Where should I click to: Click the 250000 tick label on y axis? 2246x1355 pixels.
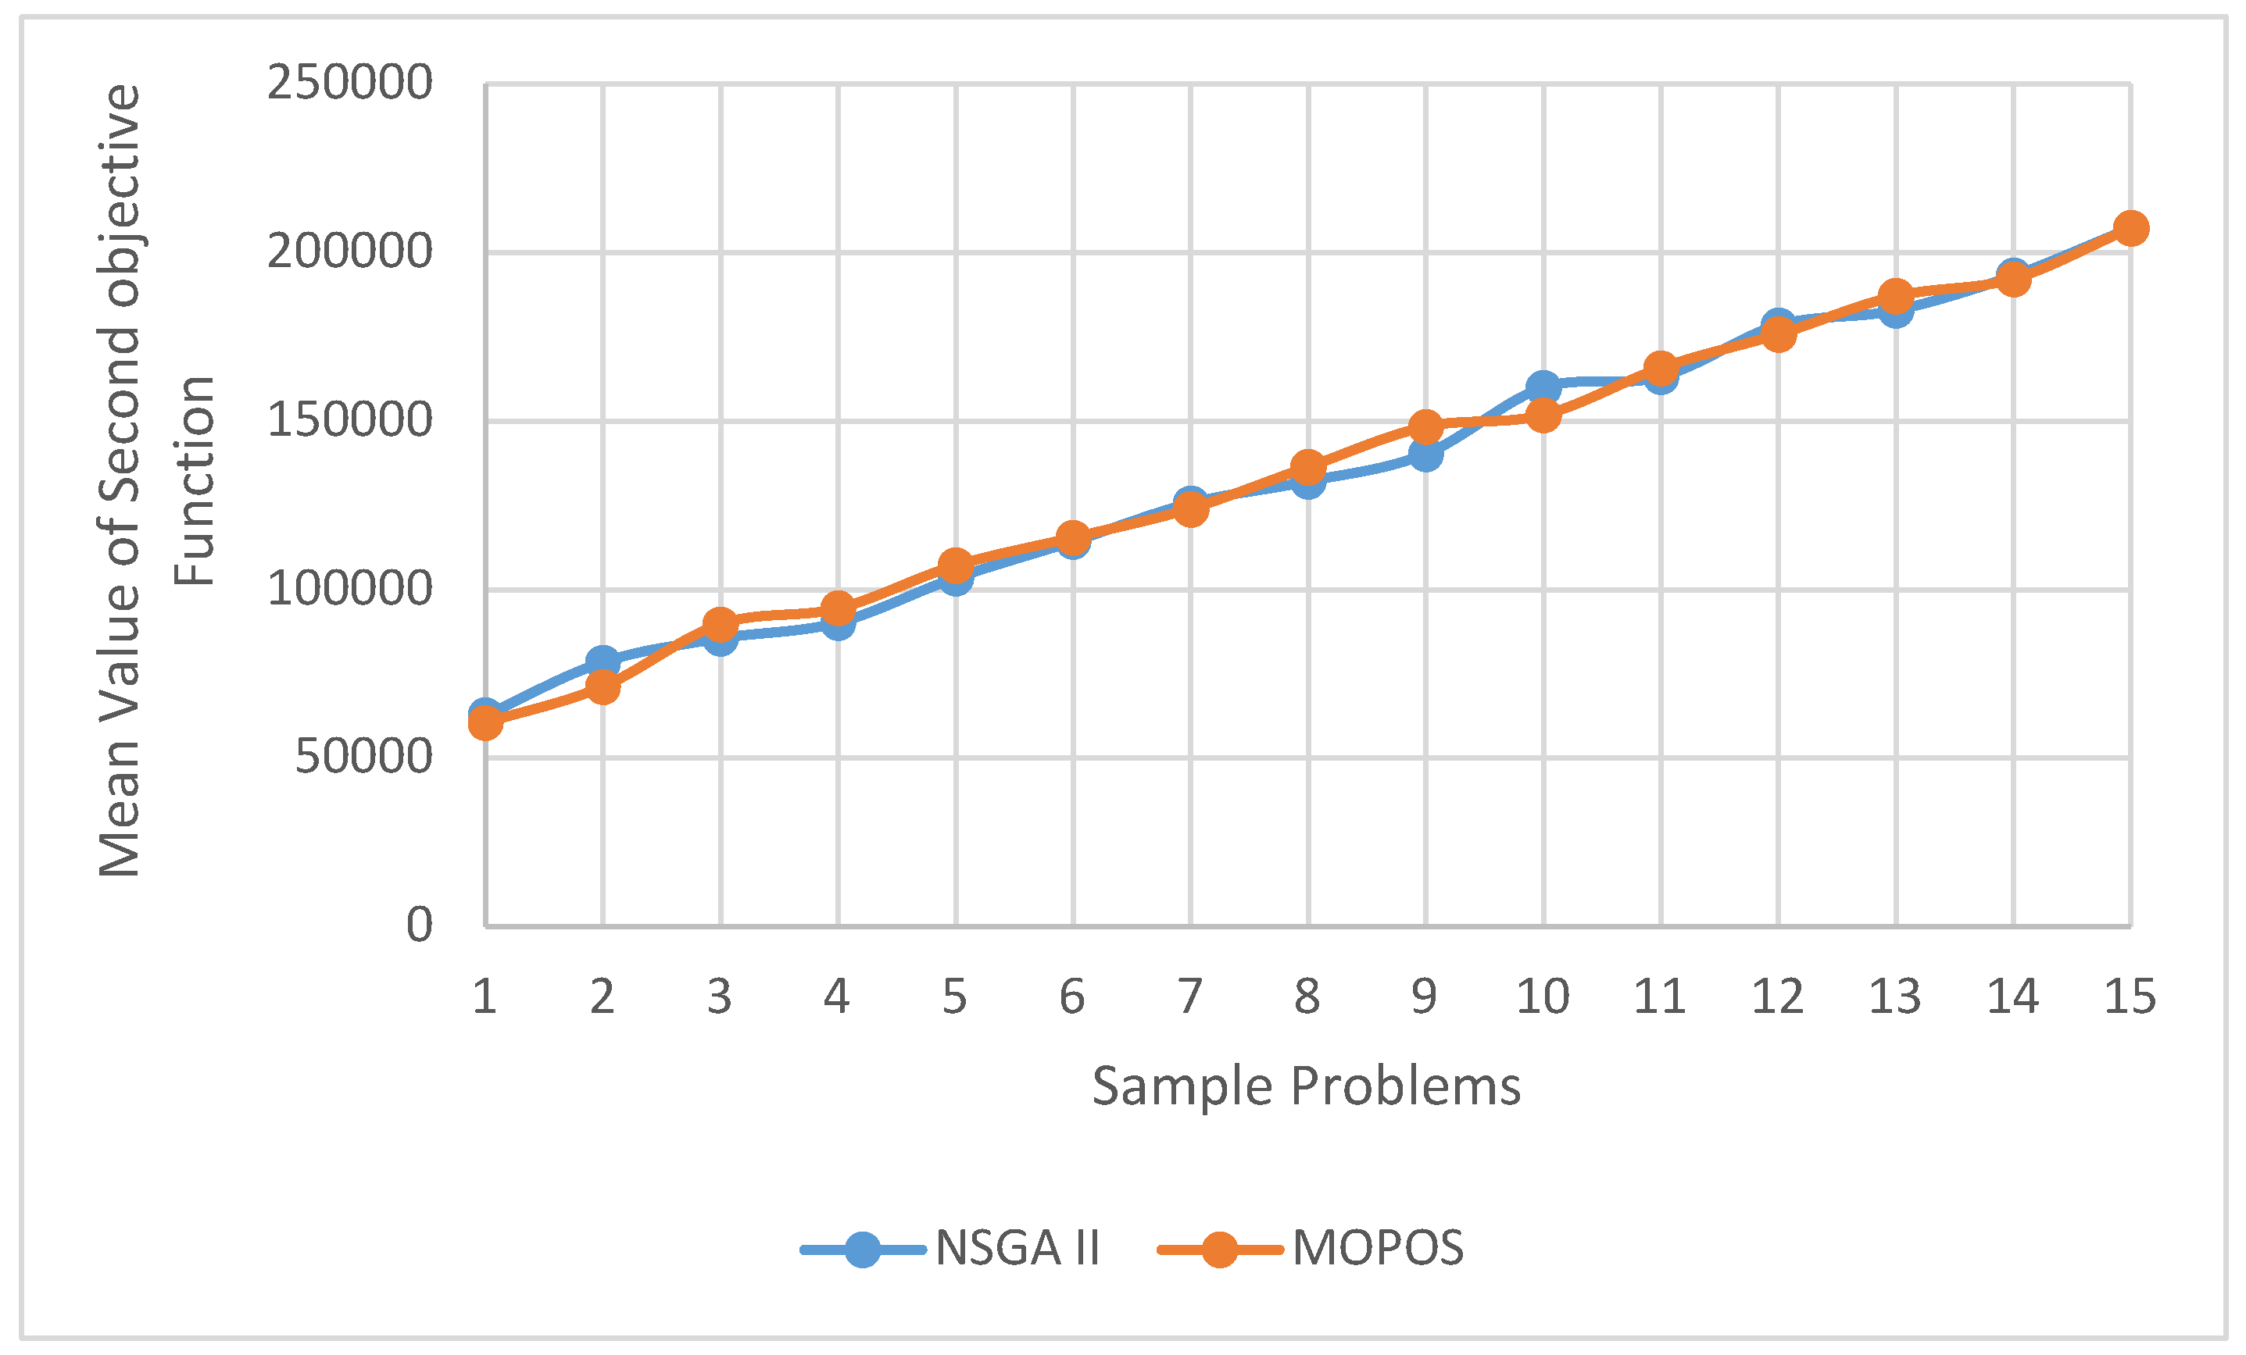click(x=349, y=83)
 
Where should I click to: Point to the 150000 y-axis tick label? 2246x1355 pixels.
click(x=349, y=420)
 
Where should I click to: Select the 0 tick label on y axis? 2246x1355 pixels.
click(x=420, y=925)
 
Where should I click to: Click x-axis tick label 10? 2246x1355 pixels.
click(x=1543, y=997)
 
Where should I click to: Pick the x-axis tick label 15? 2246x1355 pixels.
click(x=2130, y=997)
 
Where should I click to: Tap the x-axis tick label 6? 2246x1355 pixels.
click(x=1072, y=997)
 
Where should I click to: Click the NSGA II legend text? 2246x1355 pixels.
click(x=1017, y=1248)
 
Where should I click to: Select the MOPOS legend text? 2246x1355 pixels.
click(x=1377, y=1248)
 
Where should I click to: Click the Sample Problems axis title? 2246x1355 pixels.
click(x=1306, y=1086)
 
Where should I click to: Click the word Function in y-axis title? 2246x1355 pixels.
click(x=195, y=480)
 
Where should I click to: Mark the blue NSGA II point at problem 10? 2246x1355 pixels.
click(x=1543, y=387)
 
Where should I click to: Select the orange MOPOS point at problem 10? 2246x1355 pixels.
click(x=1543, y=415)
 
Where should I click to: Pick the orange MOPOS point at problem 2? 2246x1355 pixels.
click(x=603, y=687)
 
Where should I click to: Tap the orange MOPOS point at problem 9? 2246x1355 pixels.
click(x=1425, y=426)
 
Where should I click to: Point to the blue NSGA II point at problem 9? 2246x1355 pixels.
click(x=1425, y=454)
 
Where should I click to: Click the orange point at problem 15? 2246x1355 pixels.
click(x=2130, y=228)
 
